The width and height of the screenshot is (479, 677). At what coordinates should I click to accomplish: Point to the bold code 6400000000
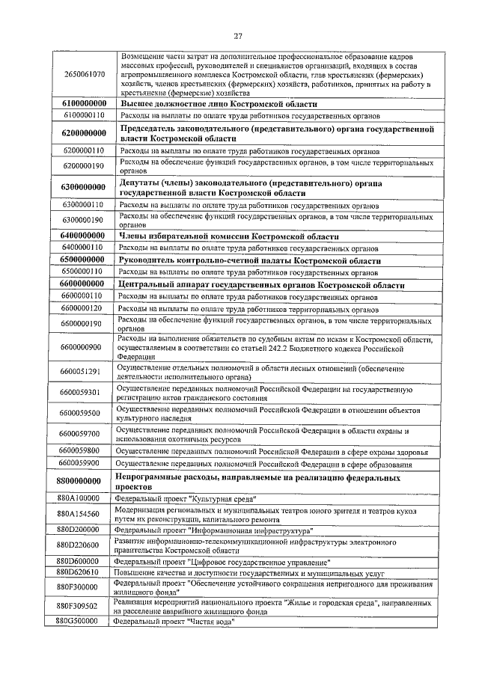[x=83, y=235]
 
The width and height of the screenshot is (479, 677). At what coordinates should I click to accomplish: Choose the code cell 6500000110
[x=83, y=272]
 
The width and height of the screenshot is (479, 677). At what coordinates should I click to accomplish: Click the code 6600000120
[x=83, y=308]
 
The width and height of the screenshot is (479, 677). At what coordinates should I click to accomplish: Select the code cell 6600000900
[x=83, y=347]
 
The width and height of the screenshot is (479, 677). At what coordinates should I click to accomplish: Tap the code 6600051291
[x=83, y=372]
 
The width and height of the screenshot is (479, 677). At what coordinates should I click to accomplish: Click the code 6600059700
[x=83, y=433]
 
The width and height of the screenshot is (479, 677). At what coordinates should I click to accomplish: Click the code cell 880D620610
[x=83, y=572]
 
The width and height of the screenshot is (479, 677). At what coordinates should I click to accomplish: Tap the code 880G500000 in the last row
[x=83, y=621]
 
